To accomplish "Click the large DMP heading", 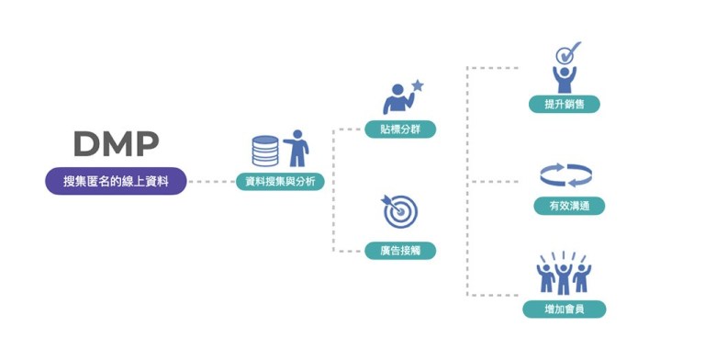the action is pyautogui.click(x=115, y=144).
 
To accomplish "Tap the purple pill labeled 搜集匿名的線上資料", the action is pyautogui.click(x=116, y=182).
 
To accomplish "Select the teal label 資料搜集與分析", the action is pyautogui.click(x=280, y=182).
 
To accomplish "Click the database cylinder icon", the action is pyautogui.click(x=265, y=151).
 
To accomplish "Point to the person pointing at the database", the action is pyautogui.click(x=297, y=148).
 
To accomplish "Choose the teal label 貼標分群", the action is pyautogui.click(x=400, y=129).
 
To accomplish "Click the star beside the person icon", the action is pyautogui.click(x=418, y=85).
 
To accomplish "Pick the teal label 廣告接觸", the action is pyautogui.click(x=400, y=250).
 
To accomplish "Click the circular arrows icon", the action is pyautogui.click(x=565, y=174).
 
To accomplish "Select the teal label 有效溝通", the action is pyautogui.click(x=569, y=207).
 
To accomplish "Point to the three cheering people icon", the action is pyautogui.click(x=563, y=273).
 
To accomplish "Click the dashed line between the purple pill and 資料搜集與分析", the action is pyautogui.click(x=211, y=182).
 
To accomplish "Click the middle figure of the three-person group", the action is pyautogui.click(x=563, y=276).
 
